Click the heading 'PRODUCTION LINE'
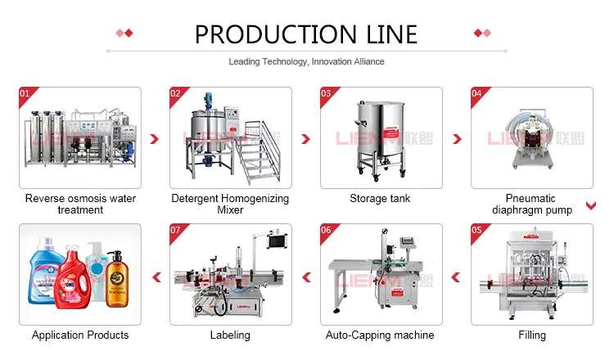click(306, 34)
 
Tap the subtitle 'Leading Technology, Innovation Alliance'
click(306, 61)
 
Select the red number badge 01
click(24, 93)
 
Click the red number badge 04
click(476, 93)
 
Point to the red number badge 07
click(175, 230)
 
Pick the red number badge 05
click(476, 230)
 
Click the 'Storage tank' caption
click(380, 199)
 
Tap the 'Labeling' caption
click(230, 335)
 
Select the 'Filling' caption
click(531, 335)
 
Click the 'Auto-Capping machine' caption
click(380, 335)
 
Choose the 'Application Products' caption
click(80, 335)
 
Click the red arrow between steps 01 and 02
click(155, 140)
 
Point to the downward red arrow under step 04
click(589, 205)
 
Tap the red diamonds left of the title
click(124, 34)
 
